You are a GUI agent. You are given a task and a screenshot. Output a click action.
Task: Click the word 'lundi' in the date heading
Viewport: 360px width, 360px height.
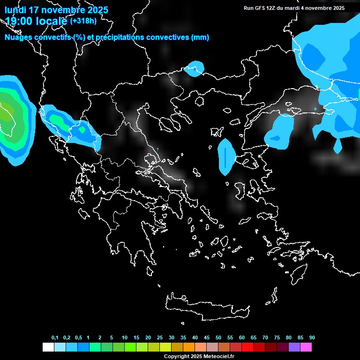[16, 10]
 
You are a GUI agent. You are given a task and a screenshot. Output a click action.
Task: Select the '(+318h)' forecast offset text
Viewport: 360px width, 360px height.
[83, 21]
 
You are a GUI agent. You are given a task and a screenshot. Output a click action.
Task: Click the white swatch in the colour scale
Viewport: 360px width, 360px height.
[48, 347]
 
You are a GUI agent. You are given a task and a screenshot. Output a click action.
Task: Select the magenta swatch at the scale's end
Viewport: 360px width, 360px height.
[306, 347]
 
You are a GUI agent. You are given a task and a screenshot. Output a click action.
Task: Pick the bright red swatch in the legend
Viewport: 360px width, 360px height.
[247, 347]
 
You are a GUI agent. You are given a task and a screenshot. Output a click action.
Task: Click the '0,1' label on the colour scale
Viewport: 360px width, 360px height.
[55, 338]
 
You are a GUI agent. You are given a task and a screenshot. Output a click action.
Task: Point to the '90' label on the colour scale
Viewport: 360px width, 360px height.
[312, 338]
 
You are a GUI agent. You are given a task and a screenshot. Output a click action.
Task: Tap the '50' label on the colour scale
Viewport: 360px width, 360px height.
[218, 338]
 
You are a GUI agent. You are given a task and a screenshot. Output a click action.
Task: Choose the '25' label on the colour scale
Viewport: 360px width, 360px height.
[160, 338]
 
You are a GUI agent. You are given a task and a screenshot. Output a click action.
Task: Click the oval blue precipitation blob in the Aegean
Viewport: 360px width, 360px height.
[225, 157]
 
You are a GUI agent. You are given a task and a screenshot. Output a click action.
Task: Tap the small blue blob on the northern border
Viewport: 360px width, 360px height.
[194, 68]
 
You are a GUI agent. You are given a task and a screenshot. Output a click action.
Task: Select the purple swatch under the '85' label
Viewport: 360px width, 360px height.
[294, 347]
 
